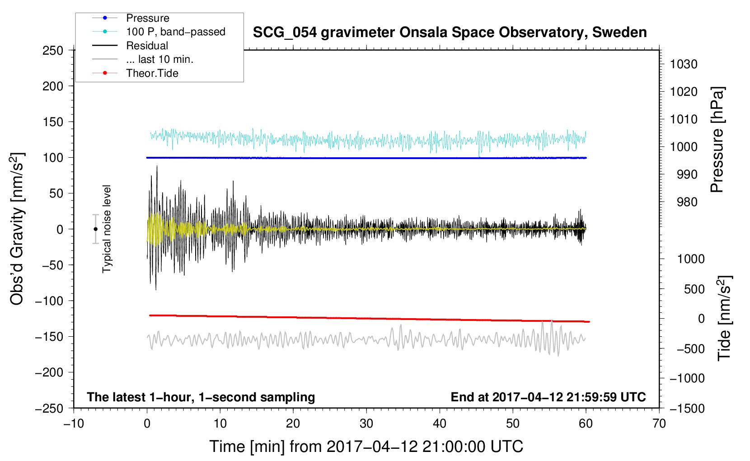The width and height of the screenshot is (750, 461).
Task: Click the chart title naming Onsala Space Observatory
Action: pyautogui.click(x=450, y=33)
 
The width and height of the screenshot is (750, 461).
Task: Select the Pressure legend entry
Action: pyautogui.click(x=148, y=18)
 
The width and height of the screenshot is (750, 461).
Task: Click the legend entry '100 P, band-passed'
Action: pyautogui.click(x=176, y=32)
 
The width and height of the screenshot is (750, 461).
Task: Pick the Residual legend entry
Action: pyautogui.click(x=147, y=46)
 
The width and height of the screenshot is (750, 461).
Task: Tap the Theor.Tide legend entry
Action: pyautogui.click(x=152, y=73)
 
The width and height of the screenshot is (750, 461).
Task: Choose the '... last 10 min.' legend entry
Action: pyautogui.click(x=159, y=59)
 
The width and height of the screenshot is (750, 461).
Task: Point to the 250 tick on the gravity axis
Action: pyautogui.click(x=53, y=51)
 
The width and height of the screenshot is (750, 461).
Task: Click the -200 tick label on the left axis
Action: pyautogui.click(x=49, y=372)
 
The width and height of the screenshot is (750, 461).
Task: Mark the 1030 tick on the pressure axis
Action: pyautogui.click(x=684, y=64)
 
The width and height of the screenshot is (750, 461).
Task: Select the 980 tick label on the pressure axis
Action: pyautogui.click(x=687, y=202)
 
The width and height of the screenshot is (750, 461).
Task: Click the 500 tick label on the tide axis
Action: pyautogui.click(x=694, y=289)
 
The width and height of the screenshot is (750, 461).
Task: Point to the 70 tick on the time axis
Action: pyautogui.click(x=659, y=424)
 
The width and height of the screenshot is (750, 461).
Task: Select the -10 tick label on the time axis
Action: pyautogui.click(x=74, y=424)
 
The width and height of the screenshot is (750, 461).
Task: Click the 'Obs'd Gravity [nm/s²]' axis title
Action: pyautogui.click(x=17, y=229)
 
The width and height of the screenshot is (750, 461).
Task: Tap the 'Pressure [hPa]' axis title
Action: pyautogui.click(x=717, y=140)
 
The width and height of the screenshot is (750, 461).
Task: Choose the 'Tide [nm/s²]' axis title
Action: pyautogui.click(x=725, y=318)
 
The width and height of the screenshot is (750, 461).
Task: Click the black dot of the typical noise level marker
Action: pyautogui.click(x=95, y=229)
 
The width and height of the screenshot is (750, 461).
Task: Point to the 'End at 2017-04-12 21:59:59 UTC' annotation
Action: pyautogui.click(x=548, y=397)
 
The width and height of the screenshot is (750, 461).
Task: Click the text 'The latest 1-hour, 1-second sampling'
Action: pyautogui.click(x=201, y=397)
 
